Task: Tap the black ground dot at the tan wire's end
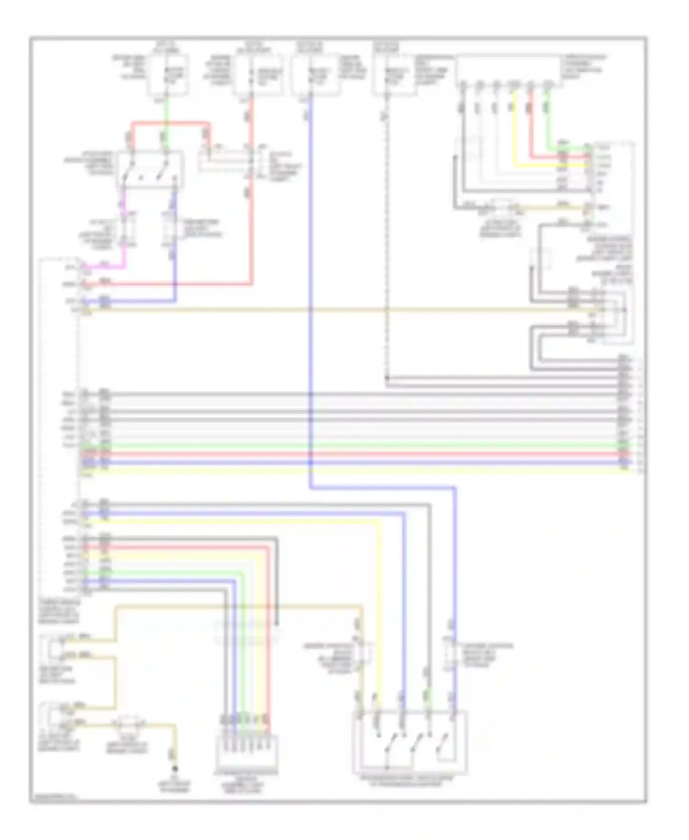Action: [175, 769]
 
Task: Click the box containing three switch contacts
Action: [410, 742]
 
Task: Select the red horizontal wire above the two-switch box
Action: [170, 123]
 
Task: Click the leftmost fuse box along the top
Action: [168, 75]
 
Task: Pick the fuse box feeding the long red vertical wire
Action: [257, 75]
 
